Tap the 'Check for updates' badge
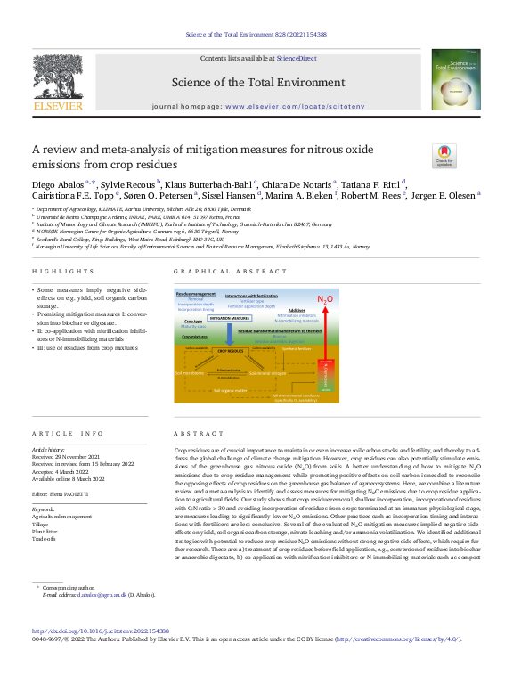pyautogui.click(x=444, y=155)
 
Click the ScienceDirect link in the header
pyautogui.click(x=297, y=57)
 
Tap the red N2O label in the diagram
pyautogui.click(x=326, y=299)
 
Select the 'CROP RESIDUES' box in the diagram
pyautogui.click(x=237, y=352)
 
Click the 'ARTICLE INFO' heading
pyautogui.click(x=68, y=433)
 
